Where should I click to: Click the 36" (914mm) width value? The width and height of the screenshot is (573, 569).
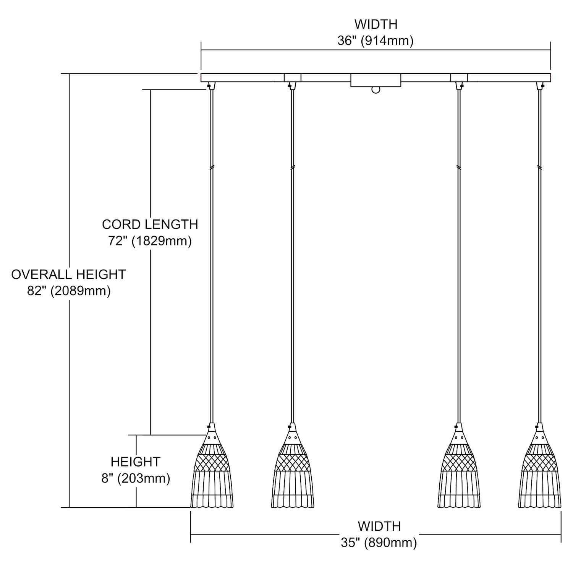[375, 41]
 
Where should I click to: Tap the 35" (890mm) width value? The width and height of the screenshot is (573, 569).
[379, 543]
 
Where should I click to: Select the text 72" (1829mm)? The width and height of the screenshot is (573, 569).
[150, 241]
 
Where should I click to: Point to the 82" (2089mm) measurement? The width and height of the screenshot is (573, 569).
[69, 291]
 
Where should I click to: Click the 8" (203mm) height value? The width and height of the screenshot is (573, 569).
[136, 478]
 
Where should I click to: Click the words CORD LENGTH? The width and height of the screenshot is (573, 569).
[150, 224]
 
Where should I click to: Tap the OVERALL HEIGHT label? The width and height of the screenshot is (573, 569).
[68, 274]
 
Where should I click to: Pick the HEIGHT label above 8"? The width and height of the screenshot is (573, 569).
[136, 462]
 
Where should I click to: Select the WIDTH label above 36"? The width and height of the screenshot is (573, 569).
[376, 24]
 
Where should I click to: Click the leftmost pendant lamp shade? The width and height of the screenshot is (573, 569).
[212, 474]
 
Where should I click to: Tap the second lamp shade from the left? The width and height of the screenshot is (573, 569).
[293, 474]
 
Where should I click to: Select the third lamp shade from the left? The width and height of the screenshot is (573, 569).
[458, 474]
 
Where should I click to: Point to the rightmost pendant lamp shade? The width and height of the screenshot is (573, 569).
[539, 474]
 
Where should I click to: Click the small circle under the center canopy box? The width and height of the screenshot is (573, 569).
[376, 90]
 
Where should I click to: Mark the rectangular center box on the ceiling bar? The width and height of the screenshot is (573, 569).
[376, 80]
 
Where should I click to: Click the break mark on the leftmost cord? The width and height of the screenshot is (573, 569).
[212, 167]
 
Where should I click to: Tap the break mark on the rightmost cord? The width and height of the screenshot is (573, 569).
[539, 167]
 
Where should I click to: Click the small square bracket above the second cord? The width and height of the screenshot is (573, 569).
[293, 77]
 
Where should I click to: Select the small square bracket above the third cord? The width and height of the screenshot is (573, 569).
[459, 77]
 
